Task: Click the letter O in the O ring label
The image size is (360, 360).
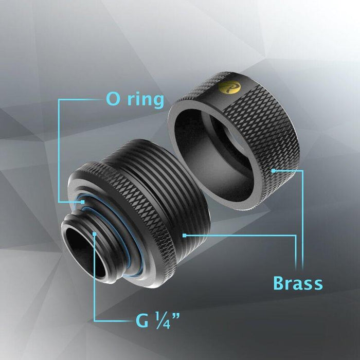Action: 114,99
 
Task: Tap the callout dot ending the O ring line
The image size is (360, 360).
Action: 83,202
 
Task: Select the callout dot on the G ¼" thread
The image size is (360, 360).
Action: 95,235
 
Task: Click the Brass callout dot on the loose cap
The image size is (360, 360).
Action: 274,170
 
